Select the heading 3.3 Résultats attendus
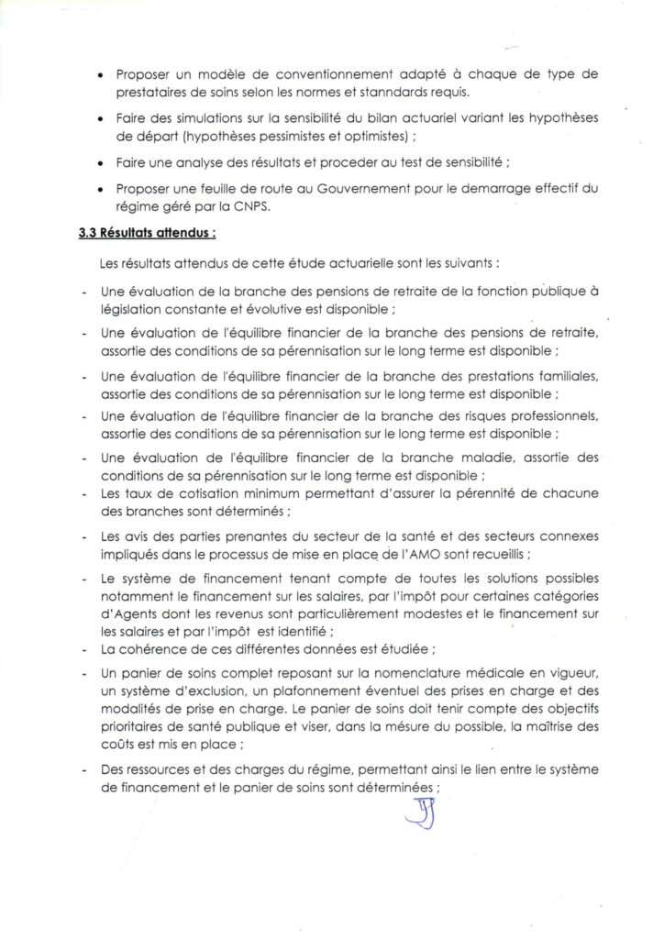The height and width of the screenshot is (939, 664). pos(147,234)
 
